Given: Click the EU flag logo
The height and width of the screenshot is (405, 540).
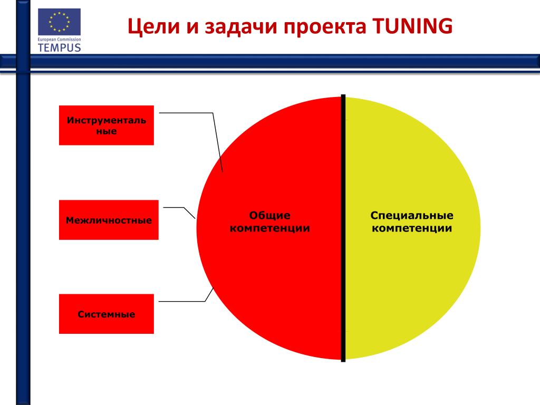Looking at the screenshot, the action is point(59,22).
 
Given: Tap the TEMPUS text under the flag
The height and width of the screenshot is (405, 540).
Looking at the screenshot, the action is point(59,47).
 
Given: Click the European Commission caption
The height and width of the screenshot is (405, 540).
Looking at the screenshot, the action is point(59,38).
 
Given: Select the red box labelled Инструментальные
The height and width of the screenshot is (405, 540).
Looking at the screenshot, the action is point(106,126).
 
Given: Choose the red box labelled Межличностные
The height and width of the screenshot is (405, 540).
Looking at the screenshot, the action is point(109,220).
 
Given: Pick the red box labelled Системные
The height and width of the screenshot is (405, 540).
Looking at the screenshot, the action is point(106,314).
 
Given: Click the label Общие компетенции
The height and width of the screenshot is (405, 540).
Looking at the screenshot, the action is point(270,222).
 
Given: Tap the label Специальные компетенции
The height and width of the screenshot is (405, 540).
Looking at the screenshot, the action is point(412,222).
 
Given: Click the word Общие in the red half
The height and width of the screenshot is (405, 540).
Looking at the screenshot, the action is point(270,216).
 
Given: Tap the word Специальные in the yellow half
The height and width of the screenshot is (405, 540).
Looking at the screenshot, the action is point(412,216).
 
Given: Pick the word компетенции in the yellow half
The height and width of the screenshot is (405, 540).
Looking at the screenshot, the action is point(412,228).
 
